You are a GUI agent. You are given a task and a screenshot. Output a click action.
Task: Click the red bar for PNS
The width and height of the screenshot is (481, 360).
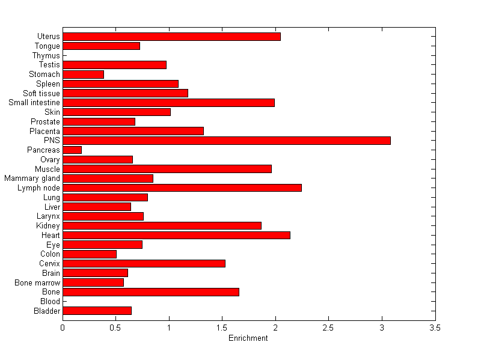pos(227,141)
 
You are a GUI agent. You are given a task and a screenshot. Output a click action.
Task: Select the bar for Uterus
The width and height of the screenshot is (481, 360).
pos(171,37)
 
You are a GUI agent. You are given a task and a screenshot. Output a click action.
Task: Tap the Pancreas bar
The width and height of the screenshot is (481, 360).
pos(72,150)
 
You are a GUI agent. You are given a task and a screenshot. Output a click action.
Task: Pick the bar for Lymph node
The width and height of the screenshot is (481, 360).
pos(182,188)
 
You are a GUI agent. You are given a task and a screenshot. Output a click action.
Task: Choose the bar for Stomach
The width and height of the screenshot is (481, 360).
pos(83,75)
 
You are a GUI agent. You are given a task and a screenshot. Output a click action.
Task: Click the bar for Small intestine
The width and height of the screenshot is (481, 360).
pos(168,103)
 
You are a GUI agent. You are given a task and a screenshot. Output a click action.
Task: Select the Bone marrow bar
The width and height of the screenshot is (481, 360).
pos(93,282)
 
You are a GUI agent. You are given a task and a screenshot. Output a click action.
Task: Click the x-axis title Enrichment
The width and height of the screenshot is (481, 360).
pos(248,338)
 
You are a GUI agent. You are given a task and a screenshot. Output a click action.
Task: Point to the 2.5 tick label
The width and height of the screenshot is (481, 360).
pos(329,328)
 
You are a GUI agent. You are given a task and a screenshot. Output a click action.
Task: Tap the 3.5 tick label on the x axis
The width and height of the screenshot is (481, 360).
pos(435,328)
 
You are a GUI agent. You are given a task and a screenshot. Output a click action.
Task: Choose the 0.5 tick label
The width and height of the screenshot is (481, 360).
pos(116,328)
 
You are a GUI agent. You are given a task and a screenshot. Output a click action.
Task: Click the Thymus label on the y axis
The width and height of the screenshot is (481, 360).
pos(46,56)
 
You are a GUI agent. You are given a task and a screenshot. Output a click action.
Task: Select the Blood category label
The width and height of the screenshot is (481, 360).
pos(50,302)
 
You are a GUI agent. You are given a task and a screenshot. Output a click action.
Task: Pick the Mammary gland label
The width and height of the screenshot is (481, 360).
pos(32,178)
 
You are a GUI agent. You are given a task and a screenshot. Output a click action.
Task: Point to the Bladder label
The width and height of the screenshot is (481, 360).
pos(47,311)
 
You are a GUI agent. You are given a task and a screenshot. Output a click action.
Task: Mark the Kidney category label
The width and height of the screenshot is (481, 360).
pos(48,226)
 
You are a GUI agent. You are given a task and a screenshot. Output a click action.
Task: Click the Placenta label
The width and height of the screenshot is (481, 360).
pos(44,131)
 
